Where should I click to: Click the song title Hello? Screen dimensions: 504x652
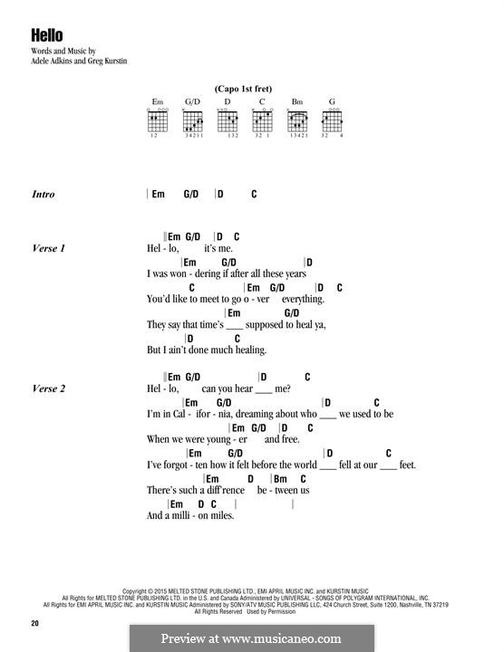pos(47,35)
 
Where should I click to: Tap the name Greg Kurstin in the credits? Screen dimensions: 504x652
pos(107,61)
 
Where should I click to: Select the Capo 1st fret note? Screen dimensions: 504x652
pos(243,89)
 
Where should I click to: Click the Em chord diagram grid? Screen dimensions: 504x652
pos(158,121)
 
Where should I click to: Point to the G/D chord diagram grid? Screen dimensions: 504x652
pos(193,121)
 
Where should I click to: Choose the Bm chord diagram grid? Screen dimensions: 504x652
pos(297,121)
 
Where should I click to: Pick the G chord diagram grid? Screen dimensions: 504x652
pos(332,121)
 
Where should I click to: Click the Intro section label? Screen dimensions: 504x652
pos(44,194)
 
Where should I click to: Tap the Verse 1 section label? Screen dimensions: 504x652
pos(49,248)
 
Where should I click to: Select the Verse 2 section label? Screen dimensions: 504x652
pos(49,388)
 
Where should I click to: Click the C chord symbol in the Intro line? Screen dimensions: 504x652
pos(254,194)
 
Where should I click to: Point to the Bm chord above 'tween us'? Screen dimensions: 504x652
pos(280,479)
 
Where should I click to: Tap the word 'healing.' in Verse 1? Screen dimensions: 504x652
pos(251,350)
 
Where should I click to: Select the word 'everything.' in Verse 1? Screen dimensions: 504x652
pos(303,300)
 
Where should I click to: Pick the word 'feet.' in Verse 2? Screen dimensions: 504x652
pos(407,465)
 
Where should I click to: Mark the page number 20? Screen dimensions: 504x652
pos(35,623)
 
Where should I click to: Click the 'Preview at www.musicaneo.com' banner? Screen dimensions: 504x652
pos(251,638)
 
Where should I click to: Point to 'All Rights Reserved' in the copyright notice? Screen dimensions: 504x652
pos(218,611)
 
